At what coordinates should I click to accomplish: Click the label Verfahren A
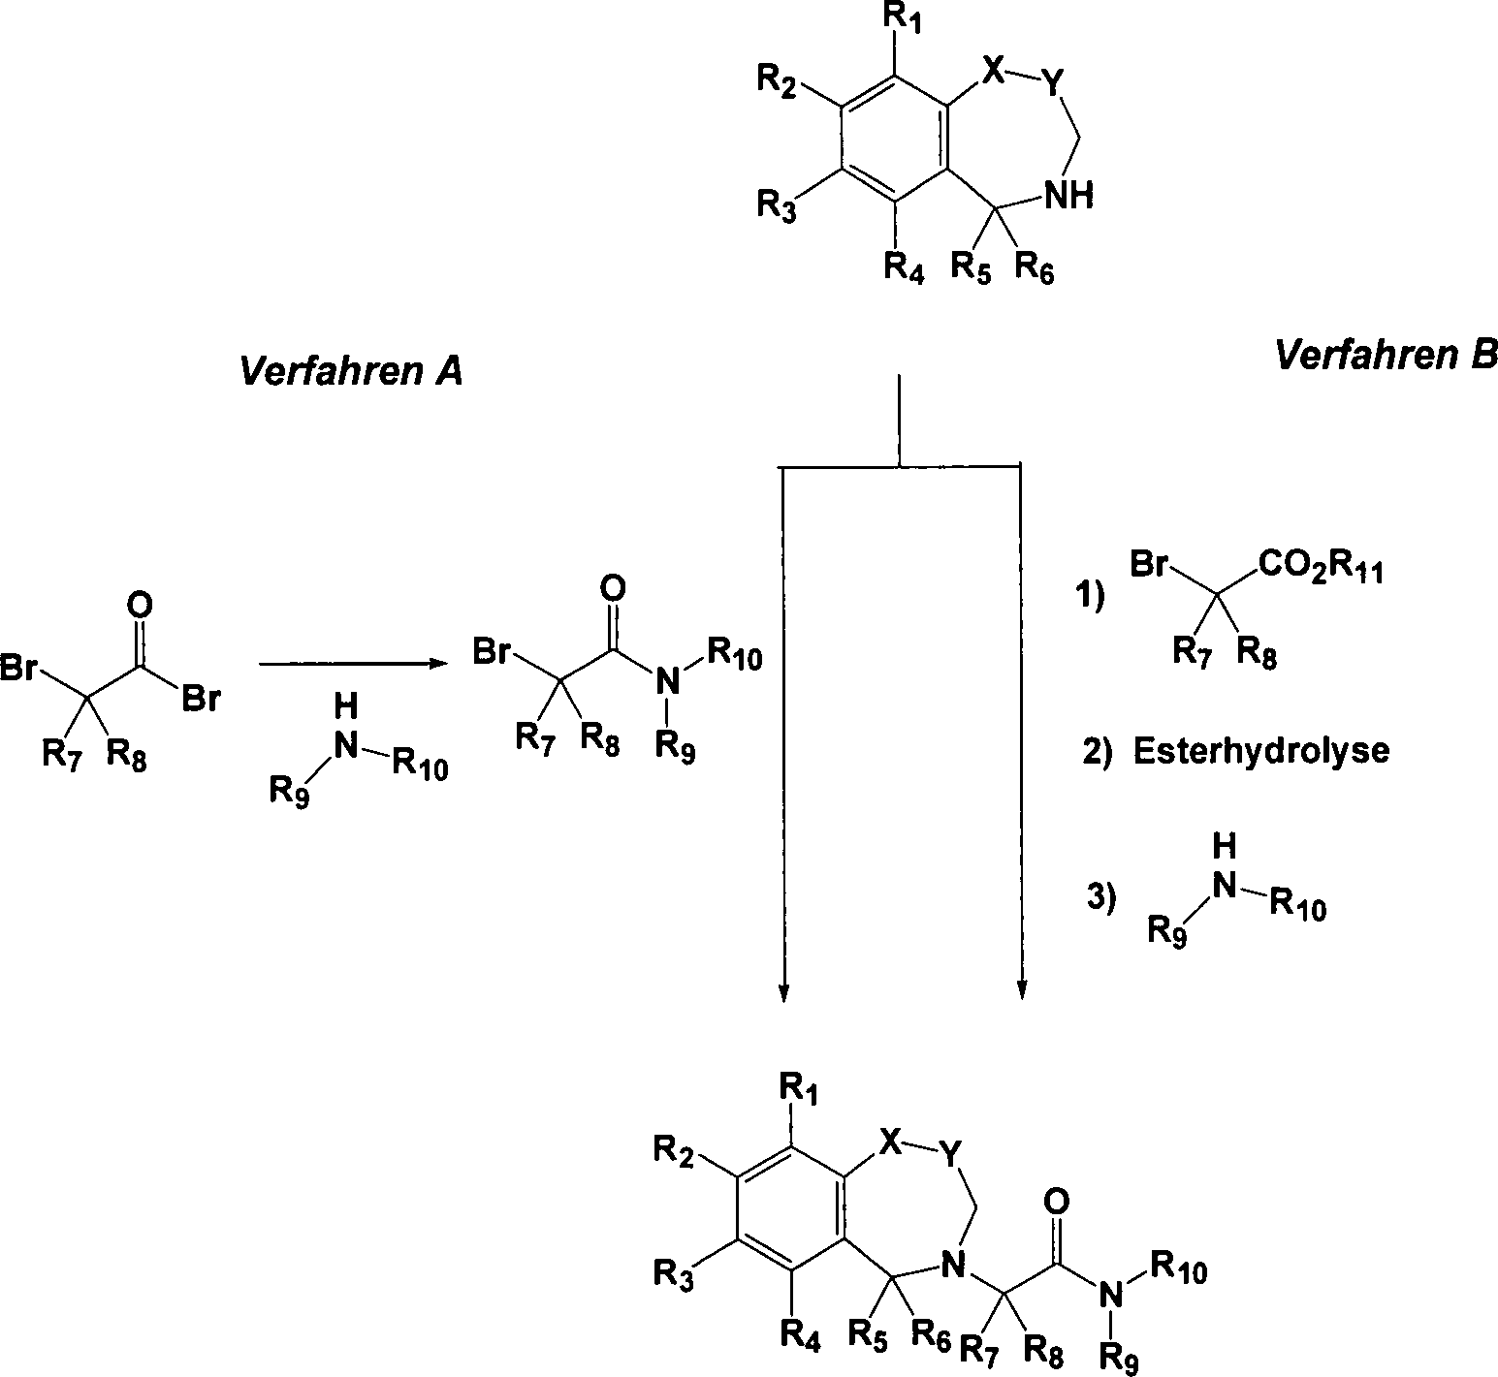349,371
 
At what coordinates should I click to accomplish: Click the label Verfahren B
1385,356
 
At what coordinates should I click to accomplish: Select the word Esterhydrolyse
1260,751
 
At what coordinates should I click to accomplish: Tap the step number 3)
1100,898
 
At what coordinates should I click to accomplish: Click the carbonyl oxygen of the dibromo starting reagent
140,606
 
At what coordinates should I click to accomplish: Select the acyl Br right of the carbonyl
202,698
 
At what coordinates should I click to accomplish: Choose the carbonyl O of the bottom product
1058,1202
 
